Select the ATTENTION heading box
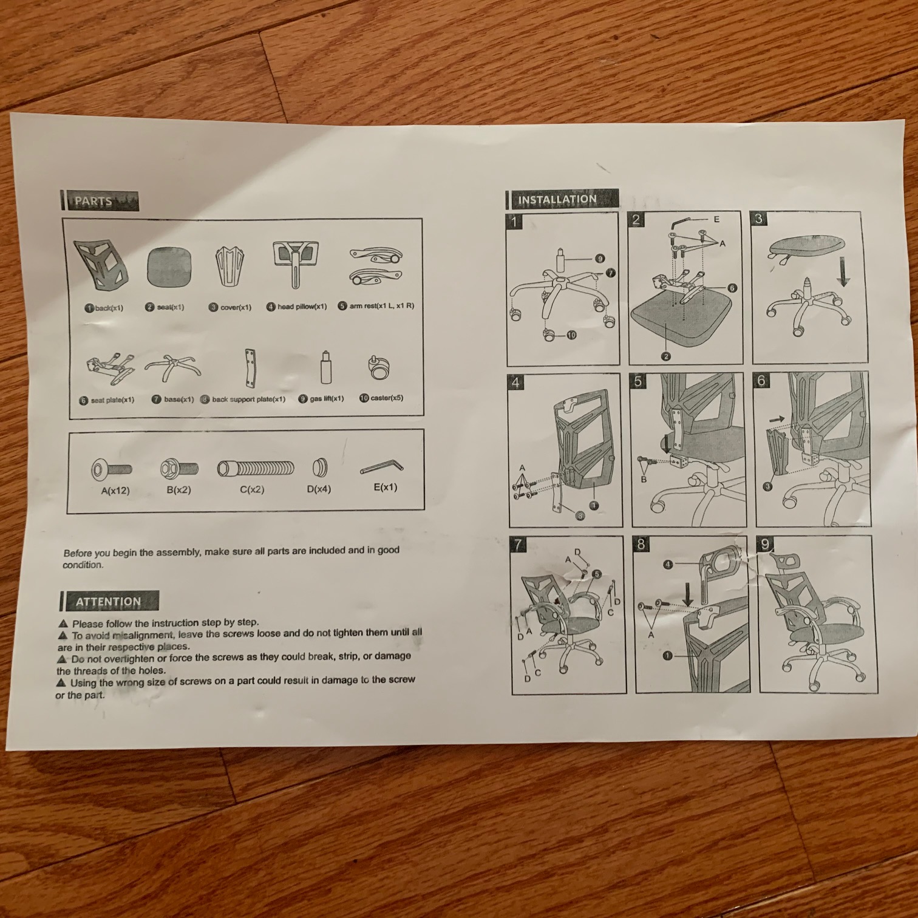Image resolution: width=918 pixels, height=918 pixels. coord(109,602)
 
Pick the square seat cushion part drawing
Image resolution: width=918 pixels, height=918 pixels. coord(169,268)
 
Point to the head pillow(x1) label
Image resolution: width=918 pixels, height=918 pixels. coord(302,307)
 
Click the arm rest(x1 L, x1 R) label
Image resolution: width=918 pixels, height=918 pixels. coord(381,305)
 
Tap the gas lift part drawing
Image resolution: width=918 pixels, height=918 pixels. coord(327,368)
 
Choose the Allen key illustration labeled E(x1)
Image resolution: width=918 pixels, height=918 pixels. coord(382,467)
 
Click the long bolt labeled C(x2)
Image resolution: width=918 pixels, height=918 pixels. coord(256,468)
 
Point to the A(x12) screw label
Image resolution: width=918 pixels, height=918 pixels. coord(115,491)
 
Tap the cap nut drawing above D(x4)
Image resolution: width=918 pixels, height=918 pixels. coord(320,467)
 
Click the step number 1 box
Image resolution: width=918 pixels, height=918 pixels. coord(514,222)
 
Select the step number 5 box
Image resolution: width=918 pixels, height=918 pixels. coord(638,381)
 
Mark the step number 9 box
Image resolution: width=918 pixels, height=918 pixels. coord(766,545)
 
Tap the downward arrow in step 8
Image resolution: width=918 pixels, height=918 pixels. coord(688,594)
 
